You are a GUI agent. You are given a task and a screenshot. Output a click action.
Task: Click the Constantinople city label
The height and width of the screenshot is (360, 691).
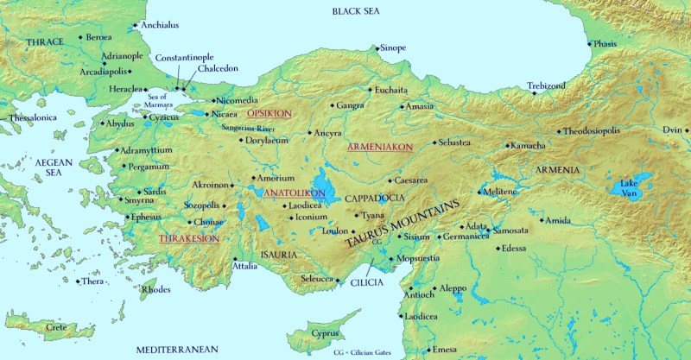(185, 57)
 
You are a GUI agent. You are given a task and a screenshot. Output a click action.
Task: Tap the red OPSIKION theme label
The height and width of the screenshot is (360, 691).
(269, 113)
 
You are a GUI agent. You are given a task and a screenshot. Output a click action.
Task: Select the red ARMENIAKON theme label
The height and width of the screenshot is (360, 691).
(380, 148)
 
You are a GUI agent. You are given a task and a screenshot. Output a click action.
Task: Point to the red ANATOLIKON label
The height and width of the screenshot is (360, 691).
(294, 192)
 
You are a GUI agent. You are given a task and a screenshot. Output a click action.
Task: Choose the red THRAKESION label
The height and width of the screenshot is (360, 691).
(187, 237)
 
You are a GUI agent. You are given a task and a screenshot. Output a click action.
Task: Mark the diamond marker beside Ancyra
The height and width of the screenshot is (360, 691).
(310, 135)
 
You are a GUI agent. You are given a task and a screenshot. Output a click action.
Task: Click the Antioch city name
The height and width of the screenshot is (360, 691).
(419, 294)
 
